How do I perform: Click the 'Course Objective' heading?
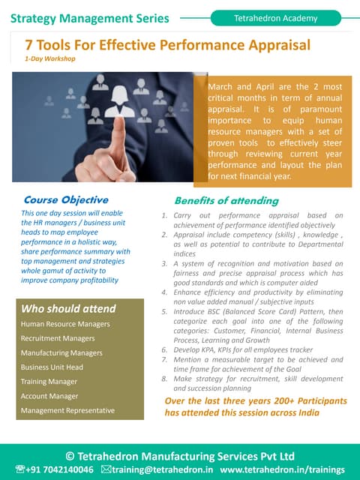[66, 200]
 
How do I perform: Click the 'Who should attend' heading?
[68, 308]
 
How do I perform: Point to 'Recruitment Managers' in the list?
[58, 338]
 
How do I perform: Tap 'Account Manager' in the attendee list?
[49, 396]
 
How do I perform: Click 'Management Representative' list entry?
[67, 410]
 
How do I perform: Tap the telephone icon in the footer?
[19, 469]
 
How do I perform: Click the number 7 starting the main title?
[28, 45]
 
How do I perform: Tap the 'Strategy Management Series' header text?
[89, 18]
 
